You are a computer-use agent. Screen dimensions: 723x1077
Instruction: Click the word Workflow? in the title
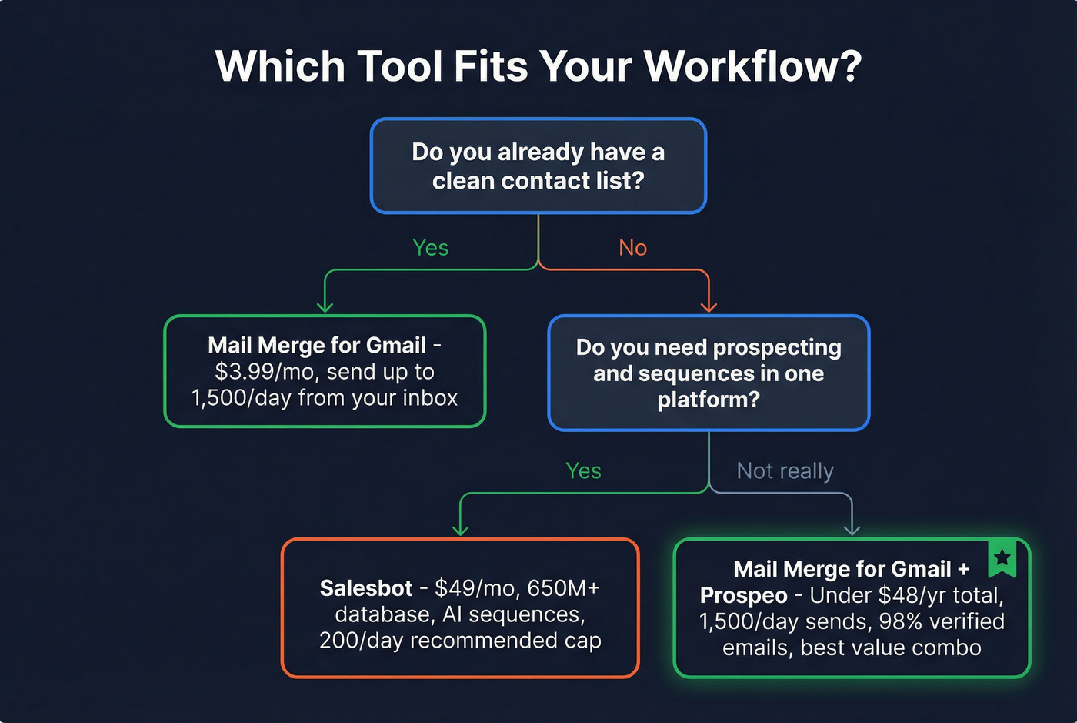point(752,66)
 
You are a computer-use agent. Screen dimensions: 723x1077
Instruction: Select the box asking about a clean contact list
point(538,166)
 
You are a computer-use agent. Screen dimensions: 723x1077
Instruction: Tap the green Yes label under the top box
point(430,248)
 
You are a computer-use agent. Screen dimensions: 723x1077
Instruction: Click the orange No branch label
point(632,248)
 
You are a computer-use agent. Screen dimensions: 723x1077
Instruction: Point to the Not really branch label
point(785,470)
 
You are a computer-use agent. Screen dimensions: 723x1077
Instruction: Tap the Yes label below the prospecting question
point(583,470)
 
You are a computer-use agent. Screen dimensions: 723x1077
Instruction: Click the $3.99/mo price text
point(266,372)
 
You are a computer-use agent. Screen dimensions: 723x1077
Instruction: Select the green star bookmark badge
point(1002,558)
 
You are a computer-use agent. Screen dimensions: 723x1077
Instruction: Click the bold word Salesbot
point(366,588)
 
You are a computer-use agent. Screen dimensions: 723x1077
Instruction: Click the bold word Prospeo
point(743,595)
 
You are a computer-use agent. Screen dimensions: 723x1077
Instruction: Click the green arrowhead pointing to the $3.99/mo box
point(325,306)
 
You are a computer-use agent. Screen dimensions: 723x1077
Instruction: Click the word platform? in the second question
point(708,400)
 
